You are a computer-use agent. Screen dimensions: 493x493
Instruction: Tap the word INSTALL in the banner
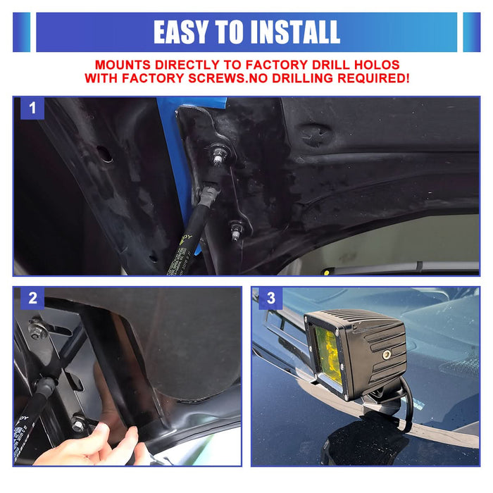(x=294, y=32)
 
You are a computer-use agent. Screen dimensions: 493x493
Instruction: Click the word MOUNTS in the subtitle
(x=125, y=63)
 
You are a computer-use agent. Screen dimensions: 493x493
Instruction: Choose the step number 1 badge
(x=32, y=108)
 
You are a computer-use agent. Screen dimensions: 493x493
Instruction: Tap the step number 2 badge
(x=32, y=298)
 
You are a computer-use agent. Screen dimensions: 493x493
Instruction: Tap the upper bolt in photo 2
(x=35, y=329)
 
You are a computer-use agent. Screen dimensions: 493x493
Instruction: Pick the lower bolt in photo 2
(x=78, y=425)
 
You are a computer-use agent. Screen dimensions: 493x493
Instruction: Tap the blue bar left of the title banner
(x=21, y=32)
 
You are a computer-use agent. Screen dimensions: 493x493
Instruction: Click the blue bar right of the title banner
(x=471, y=32)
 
